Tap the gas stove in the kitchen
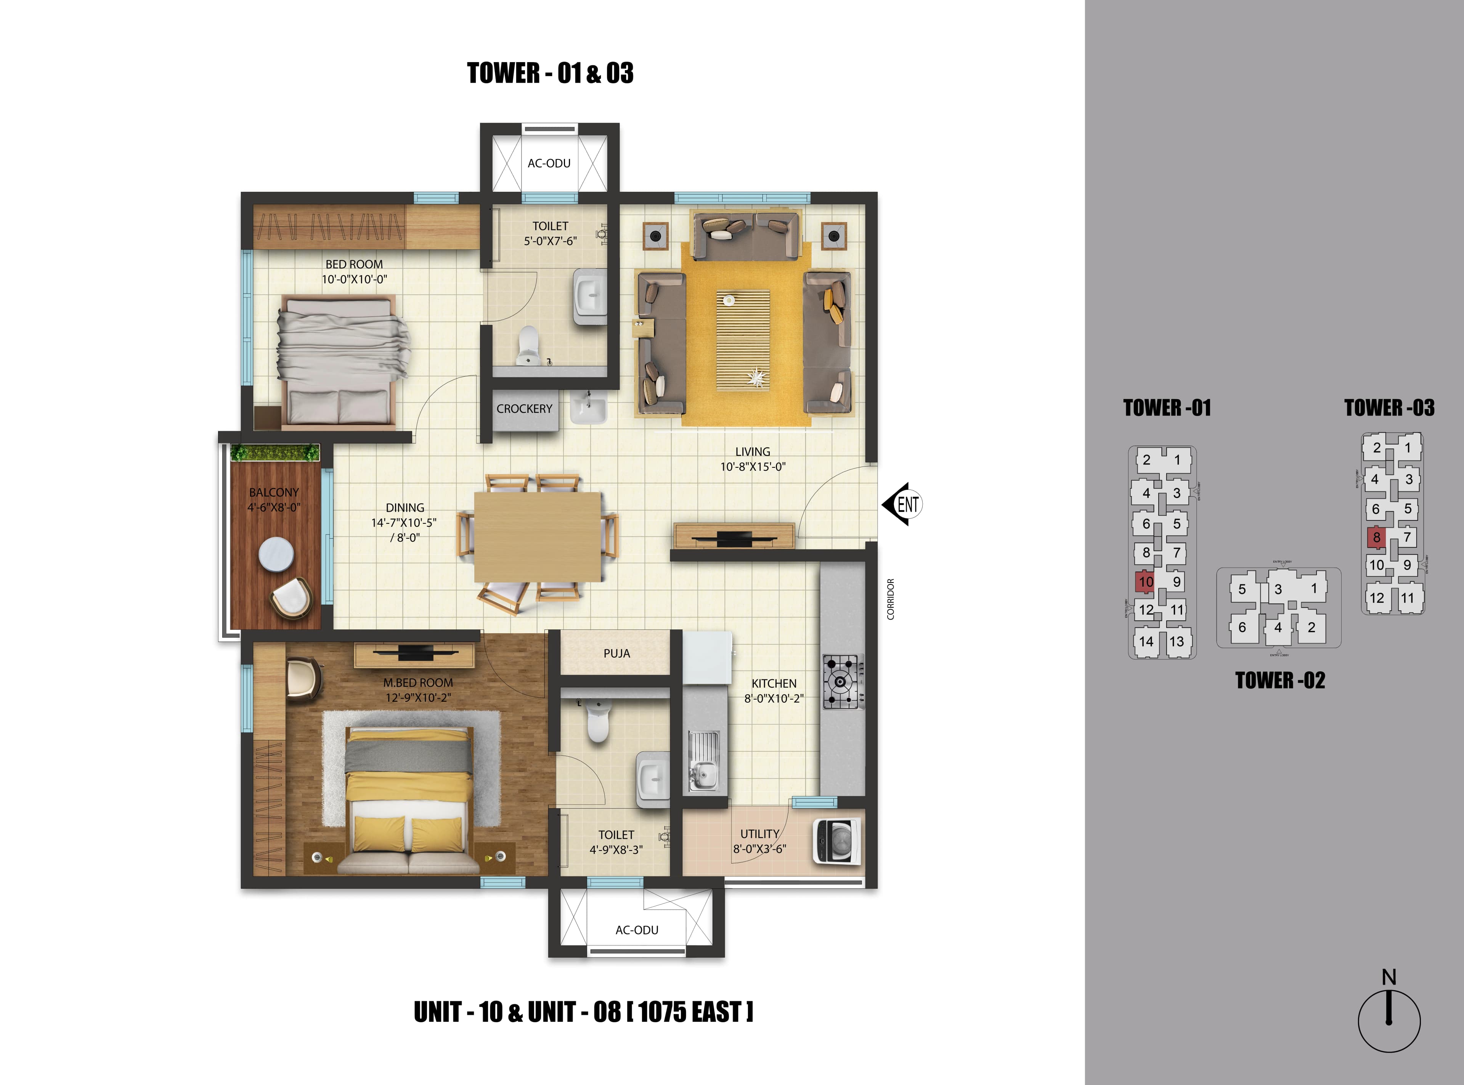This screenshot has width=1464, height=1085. click(843, 682)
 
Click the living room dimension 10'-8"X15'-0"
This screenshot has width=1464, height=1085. click(752, 466)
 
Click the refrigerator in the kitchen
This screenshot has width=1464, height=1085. click(707, 657)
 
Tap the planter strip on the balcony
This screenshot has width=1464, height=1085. click(274, 453)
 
